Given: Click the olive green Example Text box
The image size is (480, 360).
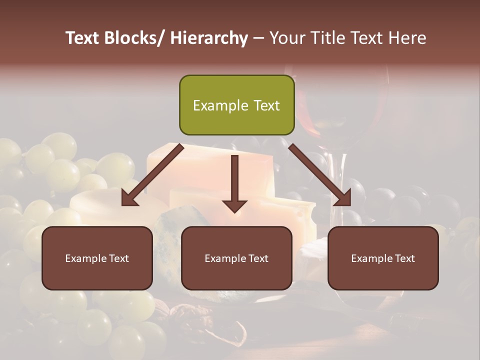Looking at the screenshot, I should point(236,105).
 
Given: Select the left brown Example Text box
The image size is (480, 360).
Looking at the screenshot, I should point(97,258).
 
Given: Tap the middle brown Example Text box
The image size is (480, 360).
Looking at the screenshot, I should point(236,258).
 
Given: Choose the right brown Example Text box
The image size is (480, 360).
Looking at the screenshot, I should point(383,258).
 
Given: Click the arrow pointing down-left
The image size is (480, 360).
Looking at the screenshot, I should point(152,174).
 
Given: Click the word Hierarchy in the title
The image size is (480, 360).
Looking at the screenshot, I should point(209,38).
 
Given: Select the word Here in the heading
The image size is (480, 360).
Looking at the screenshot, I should point(406,38).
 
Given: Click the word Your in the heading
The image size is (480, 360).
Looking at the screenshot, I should point(286,38).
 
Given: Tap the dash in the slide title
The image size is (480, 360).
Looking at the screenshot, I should point(258,38).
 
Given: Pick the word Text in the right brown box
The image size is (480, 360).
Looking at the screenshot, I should point(404,258).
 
